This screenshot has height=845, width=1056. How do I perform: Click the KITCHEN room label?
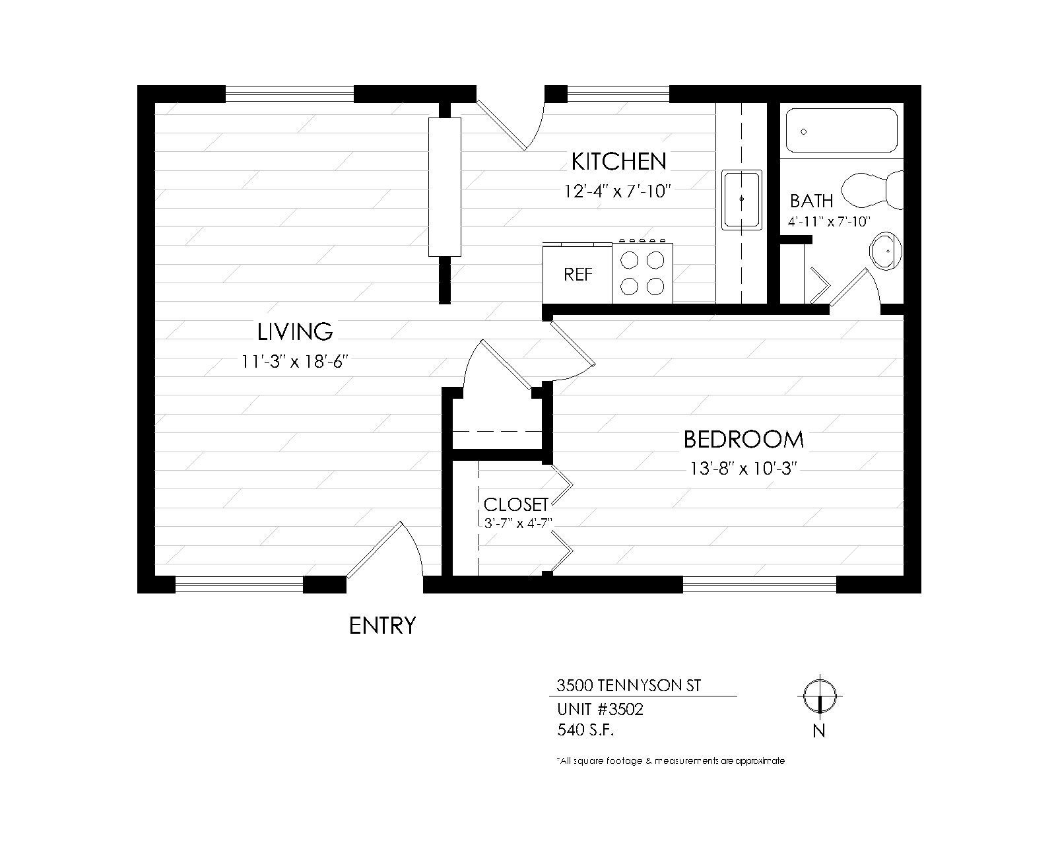point(619,162)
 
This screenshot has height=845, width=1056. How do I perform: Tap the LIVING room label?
point(295,332)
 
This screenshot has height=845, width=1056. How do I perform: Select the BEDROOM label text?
point(743,440)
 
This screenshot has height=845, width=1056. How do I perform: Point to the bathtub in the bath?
point(841,131)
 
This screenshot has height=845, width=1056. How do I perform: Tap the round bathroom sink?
point(886,251)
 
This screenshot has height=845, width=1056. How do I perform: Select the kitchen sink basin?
point(741,200)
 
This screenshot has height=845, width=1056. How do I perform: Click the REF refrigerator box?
point(577,275)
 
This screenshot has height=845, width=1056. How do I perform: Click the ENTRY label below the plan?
point(382,626)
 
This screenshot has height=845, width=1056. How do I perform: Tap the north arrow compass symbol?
point(820,696)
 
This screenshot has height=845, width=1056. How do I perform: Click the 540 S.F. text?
point(585,730)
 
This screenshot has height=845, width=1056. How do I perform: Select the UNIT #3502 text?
point(600,709)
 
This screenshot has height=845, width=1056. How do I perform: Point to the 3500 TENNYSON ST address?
point(628,685)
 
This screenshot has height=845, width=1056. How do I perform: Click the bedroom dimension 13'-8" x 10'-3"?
point(743,469)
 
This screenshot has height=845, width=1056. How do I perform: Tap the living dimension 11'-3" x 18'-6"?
point(295,362)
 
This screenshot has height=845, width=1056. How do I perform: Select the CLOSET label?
point(515,505)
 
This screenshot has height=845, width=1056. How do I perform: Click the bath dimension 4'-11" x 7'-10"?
point(829,222)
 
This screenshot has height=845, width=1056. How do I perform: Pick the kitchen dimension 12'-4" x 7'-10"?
point(617,191)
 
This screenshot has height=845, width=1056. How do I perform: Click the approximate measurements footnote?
point(671,761)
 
